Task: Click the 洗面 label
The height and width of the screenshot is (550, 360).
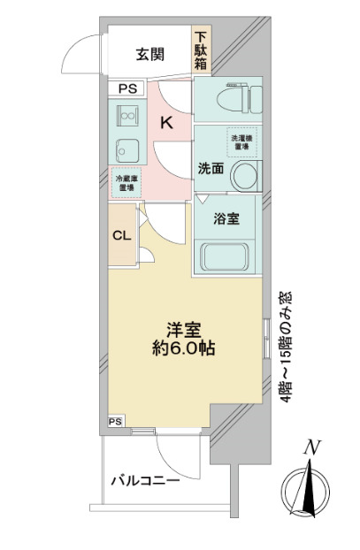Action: click(210, 168)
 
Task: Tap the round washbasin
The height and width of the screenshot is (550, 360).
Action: click(244, 175)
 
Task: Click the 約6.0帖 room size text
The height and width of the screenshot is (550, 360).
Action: click(186, 348)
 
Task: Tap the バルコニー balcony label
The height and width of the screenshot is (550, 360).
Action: click(145, 481)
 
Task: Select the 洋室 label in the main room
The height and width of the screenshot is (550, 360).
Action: click(186, 327)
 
